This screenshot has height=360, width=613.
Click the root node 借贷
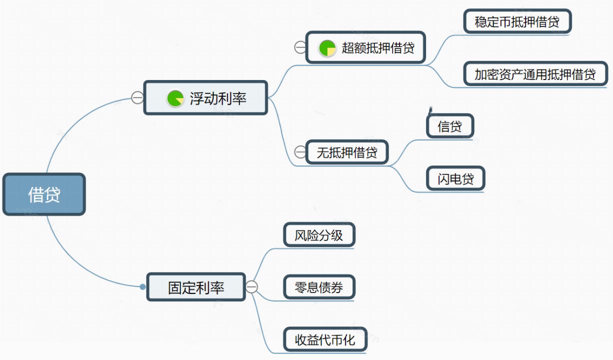[44, 194]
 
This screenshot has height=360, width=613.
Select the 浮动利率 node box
[205, 98]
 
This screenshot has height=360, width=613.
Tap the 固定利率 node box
[196, 287]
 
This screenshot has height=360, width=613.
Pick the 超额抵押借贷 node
[365, 47]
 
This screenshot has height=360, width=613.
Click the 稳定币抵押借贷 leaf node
[517, 21]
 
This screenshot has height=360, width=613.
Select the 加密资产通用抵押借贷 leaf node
[535, 74]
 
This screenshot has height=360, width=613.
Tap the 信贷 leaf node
[450, 126]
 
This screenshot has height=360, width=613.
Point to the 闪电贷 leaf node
[455, 178]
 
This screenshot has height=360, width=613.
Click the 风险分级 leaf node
[318, 235]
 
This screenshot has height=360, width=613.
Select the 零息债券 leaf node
[319, 287]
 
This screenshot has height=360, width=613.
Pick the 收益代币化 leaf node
[325, 340]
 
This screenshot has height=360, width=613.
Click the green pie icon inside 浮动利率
[175, 98]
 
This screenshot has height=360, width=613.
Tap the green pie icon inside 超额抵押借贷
[327, 48]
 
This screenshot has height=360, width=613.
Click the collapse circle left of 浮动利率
[137, 97]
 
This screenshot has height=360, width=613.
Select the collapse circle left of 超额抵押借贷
[300, 47]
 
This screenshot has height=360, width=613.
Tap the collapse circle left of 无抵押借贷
[300, 152]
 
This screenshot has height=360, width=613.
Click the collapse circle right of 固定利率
[251, 286]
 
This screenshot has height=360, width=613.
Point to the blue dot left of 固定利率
[142, 287]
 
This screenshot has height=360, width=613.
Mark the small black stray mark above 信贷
[429, 109]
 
